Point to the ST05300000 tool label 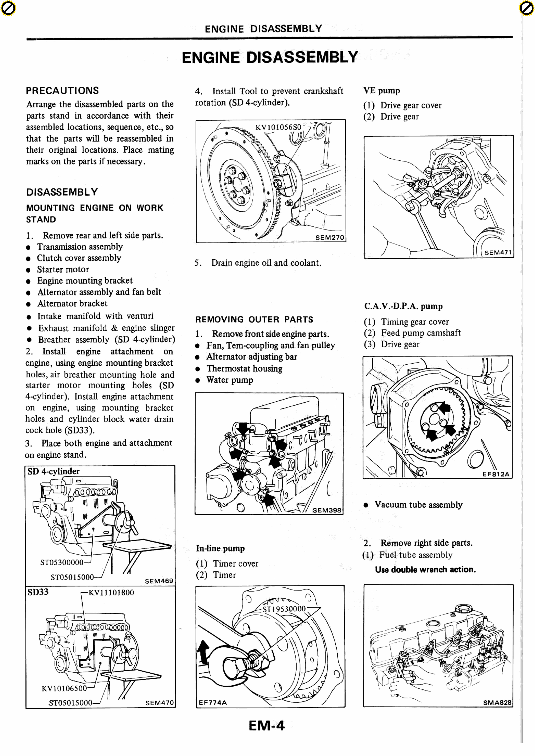(62, 562)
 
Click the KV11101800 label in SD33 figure (111, 593)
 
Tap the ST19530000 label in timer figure (284, 609)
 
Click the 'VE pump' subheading (381, 91)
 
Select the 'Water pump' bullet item (230, 380)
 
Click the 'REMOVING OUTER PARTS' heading (254, 319)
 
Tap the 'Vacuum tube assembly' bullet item (418, 505)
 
